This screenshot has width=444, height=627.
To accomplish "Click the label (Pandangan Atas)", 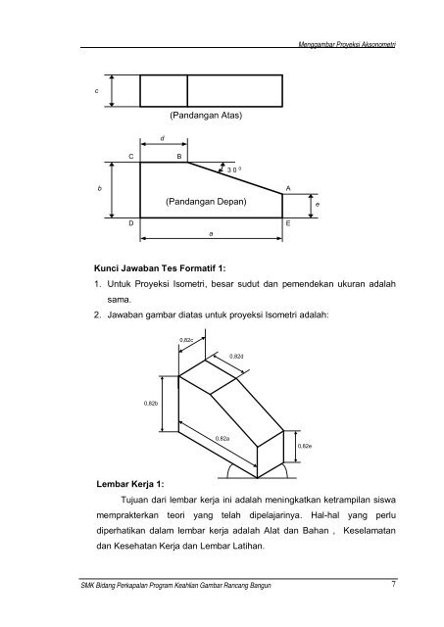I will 205,116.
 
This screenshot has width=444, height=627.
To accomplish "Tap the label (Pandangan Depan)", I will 205,201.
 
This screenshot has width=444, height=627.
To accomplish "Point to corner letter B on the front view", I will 178,157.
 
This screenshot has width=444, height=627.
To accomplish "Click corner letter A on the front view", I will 287,185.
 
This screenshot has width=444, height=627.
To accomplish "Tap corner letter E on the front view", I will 287,224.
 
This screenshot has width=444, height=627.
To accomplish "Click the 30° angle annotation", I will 234,169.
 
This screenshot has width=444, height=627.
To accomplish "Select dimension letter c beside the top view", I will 95,90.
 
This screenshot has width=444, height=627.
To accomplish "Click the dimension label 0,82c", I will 186,340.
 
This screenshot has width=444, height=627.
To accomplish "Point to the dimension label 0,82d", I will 235,357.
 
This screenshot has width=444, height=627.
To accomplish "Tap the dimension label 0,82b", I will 152,402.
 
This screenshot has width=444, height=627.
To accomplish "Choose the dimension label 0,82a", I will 222,438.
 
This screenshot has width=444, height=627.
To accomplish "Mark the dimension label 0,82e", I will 304,447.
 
